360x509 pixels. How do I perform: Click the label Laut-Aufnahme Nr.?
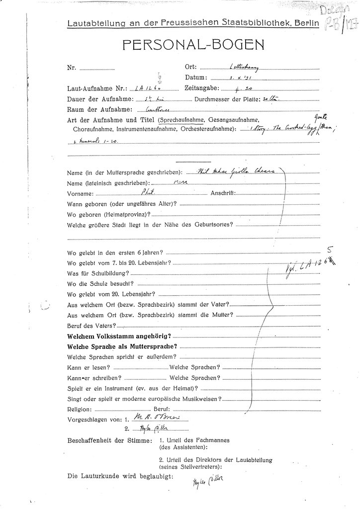click(96, 88)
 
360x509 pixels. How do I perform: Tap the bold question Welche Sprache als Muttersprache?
click(122, 346)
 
